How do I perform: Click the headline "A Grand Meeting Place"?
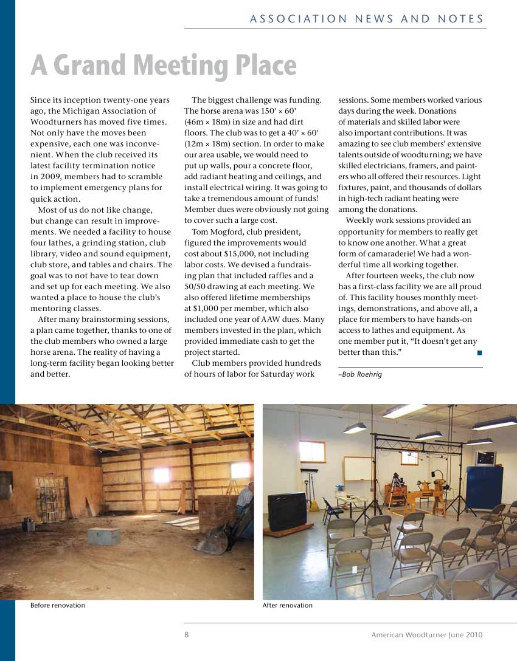point(164,66)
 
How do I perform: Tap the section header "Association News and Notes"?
point(367,19)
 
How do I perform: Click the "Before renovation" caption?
point(58,605)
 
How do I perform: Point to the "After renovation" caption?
point(287,605)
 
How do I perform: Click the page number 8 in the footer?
point(187,635)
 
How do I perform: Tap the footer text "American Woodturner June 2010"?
point(427,635)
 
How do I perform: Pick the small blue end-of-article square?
point(479,352)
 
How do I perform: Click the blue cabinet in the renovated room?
point(484,487)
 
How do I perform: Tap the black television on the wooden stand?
point(286,510)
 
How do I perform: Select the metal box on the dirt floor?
point(103,536)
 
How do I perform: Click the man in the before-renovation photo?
point(245,498)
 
